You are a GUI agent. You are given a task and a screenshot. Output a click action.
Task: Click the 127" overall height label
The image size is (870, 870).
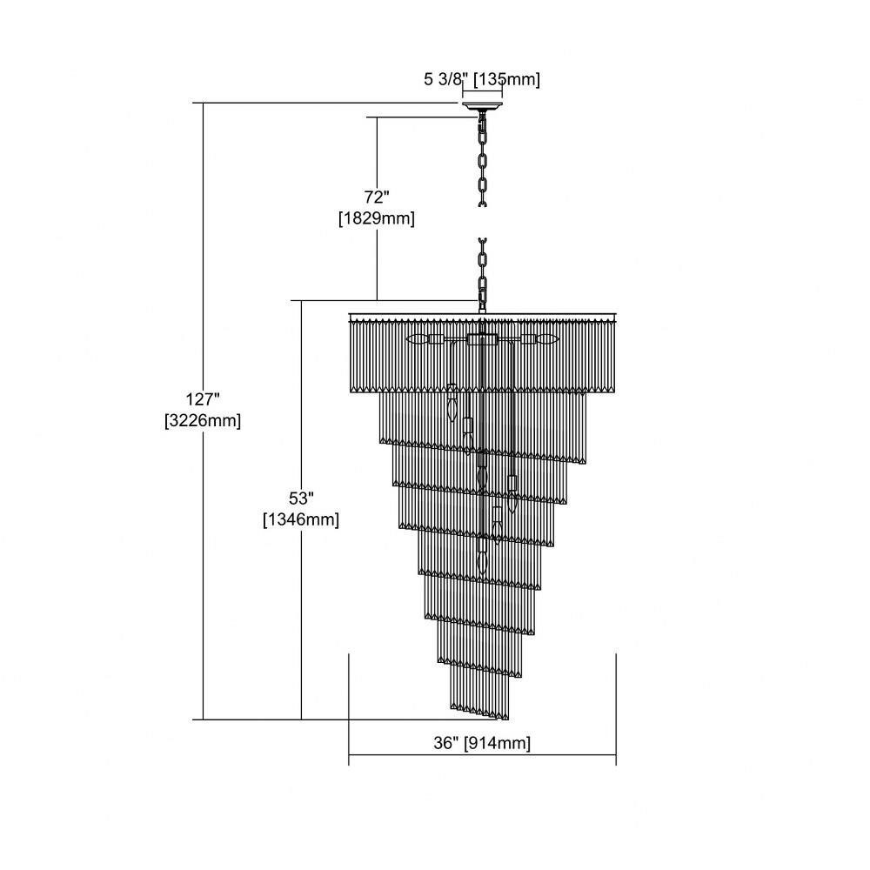(x=203, y=399)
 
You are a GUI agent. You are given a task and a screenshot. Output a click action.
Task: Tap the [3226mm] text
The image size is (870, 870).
(x=203, y=420)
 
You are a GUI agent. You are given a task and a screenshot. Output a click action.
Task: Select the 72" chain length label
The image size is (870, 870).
(x=377, y=197)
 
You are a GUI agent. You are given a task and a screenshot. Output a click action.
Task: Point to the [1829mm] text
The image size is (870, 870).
(x=377, y=218)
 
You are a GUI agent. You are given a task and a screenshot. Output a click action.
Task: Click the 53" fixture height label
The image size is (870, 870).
(x=301, y=499)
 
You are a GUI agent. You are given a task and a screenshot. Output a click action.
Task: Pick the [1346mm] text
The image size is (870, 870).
(x=301, y=520)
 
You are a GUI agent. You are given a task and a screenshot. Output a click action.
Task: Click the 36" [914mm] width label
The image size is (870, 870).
(x=482, y=743)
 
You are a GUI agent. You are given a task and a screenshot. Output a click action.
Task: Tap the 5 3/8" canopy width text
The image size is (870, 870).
(x=442, y=79)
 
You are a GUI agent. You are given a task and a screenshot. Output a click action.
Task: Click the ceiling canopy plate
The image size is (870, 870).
(x=482, y=106)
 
